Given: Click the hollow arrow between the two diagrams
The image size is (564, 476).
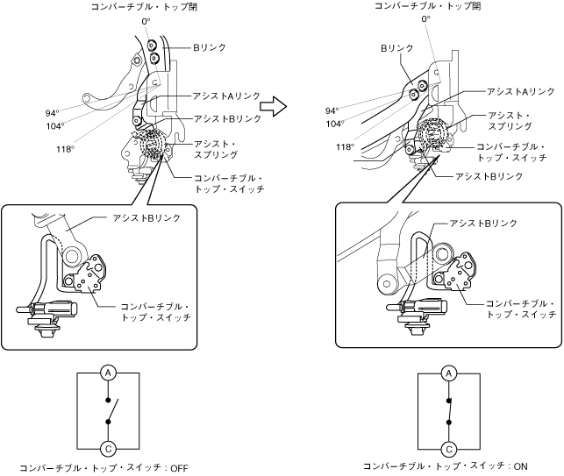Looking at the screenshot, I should point(275,107).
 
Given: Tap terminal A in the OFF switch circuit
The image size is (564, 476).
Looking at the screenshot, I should point(109,373).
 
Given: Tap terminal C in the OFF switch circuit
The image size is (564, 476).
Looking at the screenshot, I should point(109,448).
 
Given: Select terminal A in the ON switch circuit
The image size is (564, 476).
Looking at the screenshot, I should point(448,373).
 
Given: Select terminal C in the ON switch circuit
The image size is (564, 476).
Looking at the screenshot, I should point(448,448).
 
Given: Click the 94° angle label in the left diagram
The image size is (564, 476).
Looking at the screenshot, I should point(52,113).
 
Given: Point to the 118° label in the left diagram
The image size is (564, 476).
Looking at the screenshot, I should point(64,149).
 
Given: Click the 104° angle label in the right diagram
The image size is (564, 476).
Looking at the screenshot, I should point(333,124).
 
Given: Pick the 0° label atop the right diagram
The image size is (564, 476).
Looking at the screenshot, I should point(426,18).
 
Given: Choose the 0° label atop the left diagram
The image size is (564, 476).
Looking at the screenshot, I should point(146,20).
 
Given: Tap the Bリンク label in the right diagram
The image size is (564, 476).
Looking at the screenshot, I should point(391,50).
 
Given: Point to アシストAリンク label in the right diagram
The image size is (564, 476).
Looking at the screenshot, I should point(521,91).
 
